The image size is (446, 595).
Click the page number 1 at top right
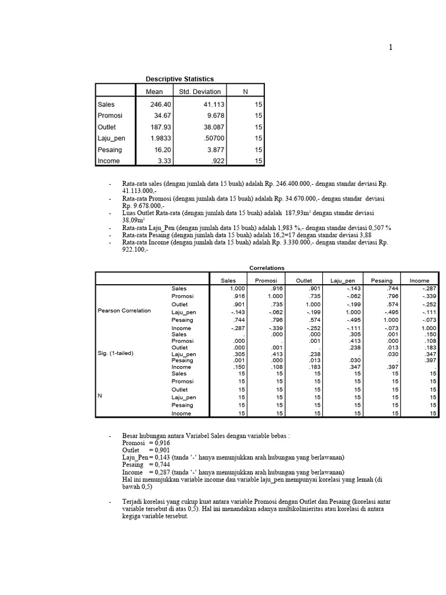pyautogui.click(x=391, y=48)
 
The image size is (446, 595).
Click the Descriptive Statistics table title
pyautogui.click(x=180, y=79)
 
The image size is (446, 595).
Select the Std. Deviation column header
pyautogui.click(x=200, y=91)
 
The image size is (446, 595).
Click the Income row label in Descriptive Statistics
pyautogui.click(x=109, y=161)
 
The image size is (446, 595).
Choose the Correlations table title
pyautogui.click(x=267, y=268)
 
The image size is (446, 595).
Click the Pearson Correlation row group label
pyautogui.click(x=124, y=310)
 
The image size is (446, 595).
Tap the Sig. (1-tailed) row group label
pyautogui.click(x=116, y=353)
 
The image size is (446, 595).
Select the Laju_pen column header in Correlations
pyautogui.click(x=342, y=281)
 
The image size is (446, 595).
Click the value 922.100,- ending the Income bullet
pyautogui.click(x=135, y=249)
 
